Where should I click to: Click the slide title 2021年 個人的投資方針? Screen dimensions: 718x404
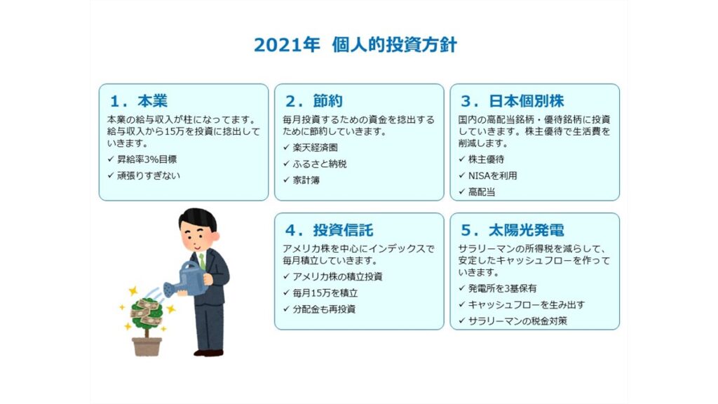tap(355, 45)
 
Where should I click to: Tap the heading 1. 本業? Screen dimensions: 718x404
tap(139, 101)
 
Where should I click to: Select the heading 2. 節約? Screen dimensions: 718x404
tap(314, 101)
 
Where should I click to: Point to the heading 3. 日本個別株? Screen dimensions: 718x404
tap(513, 101)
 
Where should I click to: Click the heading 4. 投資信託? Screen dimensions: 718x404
tap(330, 230)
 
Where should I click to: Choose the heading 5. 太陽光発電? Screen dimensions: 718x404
tap(513, 230)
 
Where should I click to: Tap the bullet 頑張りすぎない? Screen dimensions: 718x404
tap(149, 175)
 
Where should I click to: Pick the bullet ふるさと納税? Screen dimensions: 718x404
tap(320, 163)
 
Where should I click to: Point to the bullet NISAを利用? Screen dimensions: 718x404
tap(492, 175)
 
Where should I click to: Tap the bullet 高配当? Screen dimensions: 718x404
tap(481, 192)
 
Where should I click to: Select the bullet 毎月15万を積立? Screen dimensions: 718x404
tap(325, 292)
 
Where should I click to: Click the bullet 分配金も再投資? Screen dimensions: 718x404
tap(324, 309)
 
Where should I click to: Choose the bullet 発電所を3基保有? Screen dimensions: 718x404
tap(502, 288)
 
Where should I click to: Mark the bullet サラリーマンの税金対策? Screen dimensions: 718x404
tap(517, 321)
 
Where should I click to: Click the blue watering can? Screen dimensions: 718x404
tap(184, 279)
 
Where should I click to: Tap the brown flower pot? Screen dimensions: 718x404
tap(147, 346)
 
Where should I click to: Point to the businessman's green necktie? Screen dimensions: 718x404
tap(202, 262)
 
